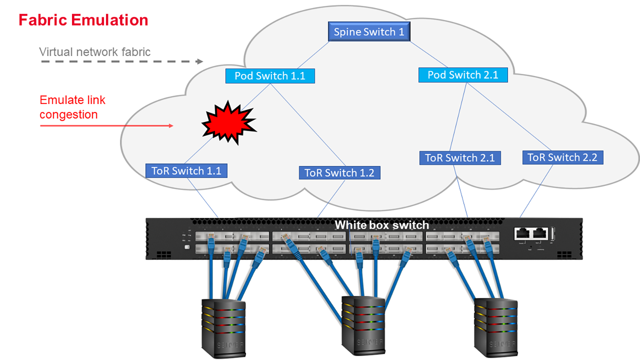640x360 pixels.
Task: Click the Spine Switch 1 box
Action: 369,32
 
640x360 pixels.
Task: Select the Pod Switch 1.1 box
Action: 270,76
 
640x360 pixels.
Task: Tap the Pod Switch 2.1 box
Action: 463,75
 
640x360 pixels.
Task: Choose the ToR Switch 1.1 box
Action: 186,171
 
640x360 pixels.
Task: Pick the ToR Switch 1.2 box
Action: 339,173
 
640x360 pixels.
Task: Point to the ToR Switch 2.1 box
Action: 460,158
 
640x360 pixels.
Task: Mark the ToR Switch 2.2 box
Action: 562,158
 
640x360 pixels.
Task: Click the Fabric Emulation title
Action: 83,20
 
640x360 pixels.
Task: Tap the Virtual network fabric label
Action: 95,52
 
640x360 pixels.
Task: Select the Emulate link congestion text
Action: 72,107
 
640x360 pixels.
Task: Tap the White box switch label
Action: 382,225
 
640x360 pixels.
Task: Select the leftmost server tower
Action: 223,328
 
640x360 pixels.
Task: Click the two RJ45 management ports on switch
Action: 531,233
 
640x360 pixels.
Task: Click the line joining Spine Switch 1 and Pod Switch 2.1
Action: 428,54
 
